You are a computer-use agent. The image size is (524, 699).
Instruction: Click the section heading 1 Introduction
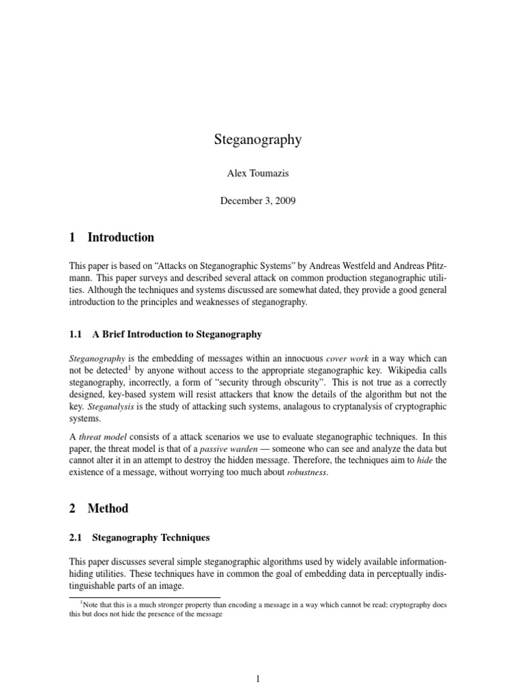(x=112, y=238)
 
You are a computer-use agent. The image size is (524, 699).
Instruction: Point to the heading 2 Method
(x=98, y=508)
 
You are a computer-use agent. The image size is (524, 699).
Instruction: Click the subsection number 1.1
(x=76, y=334)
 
